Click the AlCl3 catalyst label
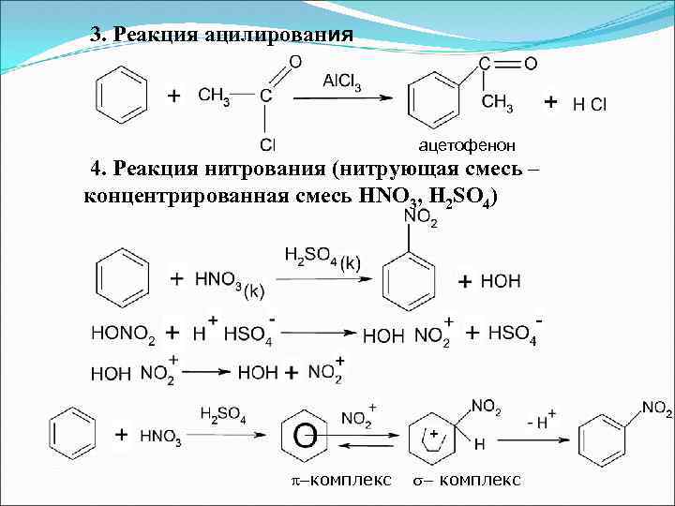pyautogui.click(x=344, y=82)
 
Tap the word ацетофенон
pyautogui.click(x=466, y=145)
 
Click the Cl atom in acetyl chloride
pyautogui.click(x=267, y=144)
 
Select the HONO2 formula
pyautogui.click(x=123, y=334)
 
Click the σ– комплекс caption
pyautogui.click(x=467, y=481)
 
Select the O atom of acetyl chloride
pyautogui.click(x=294, y=61)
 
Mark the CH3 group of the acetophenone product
pyautogui.click(x=497, y=105)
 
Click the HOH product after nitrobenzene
pyautogui.click(x=501, y=281)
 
